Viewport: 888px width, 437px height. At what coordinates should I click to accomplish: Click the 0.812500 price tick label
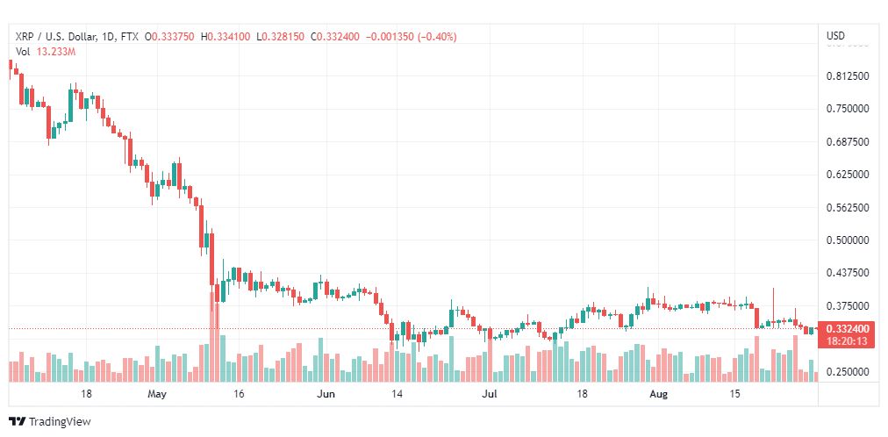[848, 76]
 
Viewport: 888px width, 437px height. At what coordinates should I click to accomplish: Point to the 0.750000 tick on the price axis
[848, 109]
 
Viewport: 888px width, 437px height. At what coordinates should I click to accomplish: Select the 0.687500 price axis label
[848, 142]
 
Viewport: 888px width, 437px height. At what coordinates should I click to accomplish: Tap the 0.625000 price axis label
[848, 175]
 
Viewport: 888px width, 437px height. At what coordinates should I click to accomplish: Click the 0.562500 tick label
[848, 208]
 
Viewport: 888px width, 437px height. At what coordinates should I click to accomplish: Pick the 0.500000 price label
[848, 240]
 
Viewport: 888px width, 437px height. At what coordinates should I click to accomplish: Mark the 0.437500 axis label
[848, 274]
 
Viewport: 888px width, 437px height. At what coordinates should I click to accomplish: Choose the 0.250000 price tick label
[848, 372]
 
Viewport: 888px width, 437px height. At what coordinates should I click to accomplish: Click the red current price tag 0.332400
[848, 329]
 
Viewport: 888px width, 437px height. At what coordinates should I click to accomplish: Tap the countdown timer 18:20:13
[848, 340]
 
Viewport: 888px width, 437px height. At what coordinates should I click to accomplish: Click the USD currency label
[835, 36]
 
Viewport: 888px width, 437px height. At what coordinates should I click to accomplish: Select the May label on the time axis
[157, 395]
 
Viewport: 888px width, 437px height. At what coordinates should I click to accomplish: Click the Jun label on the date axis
[326, 395]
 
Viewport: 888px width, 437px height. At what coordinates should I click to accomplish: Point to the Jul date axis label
[490, 395]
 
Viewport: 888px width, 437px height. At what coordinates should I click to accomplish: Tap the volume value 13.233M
[56, 52]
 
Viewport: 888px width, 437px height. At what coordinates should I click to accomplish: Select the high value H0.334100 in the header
[226, 36]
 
